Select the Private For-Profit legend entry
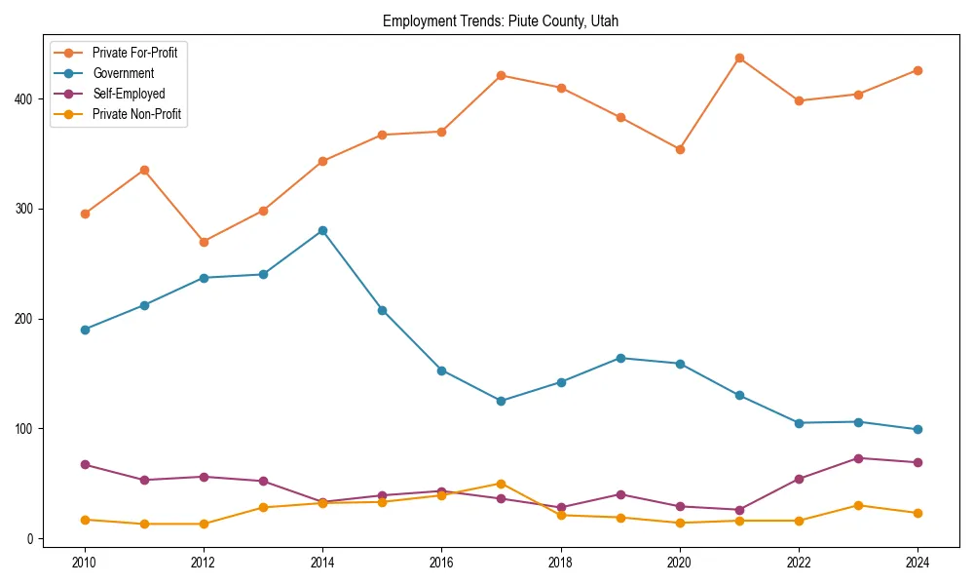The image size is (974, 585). click(134, 53)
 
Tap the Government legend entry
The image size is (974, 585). click(123, 73)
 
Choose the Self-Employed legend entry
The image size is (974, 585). click(129, 94)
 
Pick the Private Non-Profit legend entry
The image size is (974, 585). click(136, 114)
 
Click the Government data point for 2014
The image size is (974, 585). click(322, 230)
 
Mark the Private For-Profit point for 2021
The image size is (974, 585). click(739, 58)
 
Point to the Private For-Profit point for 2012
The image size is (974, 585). click(204, 242)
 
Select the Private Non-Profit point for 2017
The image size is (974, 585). click(501, 484)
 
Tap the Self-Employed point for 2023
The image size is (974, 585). click(858, 458)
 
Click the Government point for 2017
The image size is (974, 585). click(501, 401)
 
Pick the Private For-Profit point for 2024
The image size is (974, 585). click(918, 70)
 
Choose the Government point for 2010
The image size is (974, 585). click(85, 330)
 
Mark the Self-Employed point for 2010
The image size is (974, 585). click(85, 464)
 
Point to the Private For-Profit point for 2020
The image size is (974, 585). click(680, 149)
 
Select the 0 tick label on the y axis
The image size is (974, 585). click(30, 539)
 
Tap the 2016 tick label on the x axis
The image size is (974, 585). click(441, 562)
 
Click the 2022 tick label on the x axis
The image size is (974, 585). click(799, 562)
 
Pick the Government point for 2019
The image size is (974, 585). click(620, 358)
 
